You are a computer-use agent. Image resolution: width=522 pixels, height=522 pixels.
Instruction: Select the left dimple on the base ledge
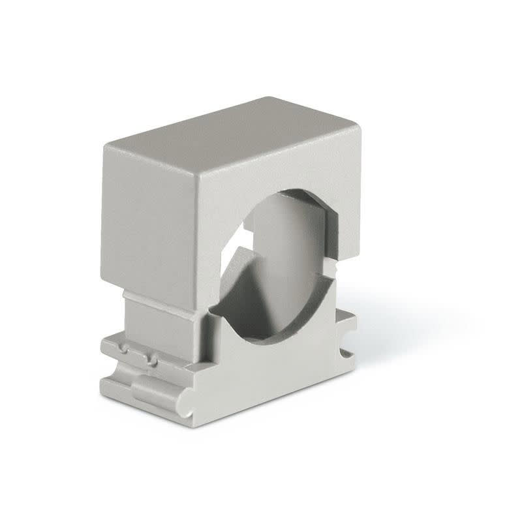(123, 352)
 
